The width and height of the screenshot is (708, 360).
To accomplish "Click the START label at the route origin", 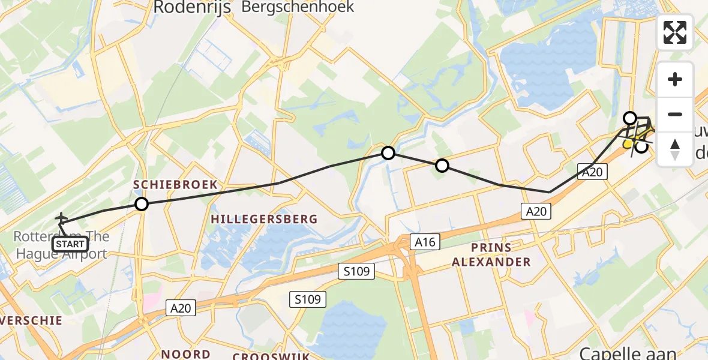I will [71, 244].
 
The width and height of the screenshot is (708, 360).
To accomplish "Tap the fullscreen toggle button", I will [675, 32].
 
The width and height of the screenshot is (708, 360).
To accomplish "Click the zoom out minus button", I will [675, 114].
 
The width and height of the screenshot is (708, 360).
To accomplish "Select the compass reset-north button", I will [675, 149].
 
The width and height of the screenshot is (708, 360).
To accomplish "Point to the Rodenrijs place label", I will [192, 7].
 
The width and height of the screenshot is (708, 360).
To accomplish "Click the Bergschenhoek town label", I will [298, 7].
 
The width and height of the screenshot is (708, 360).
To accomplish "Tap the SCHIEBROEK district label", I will [175, 185].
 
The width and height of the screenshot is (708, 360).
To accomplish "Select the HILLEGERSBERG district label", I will [264, 220].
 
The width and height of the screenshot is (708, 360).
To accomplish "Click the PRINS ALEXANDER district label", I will [491, 254].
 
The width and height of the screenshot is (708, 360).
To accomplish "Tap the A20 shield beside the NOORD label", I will [180, 308].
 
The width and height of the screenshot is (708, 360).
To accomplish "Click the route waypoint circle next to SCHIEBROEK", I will [141, 204].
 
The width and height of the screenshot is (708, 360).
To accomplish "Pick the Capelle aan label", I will [628, 353].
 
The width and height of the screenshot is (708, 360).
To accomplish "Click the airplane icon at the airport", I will [61, 219].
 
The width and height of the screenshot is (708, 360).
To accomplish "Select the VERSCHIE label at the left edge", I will [33, 320].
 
